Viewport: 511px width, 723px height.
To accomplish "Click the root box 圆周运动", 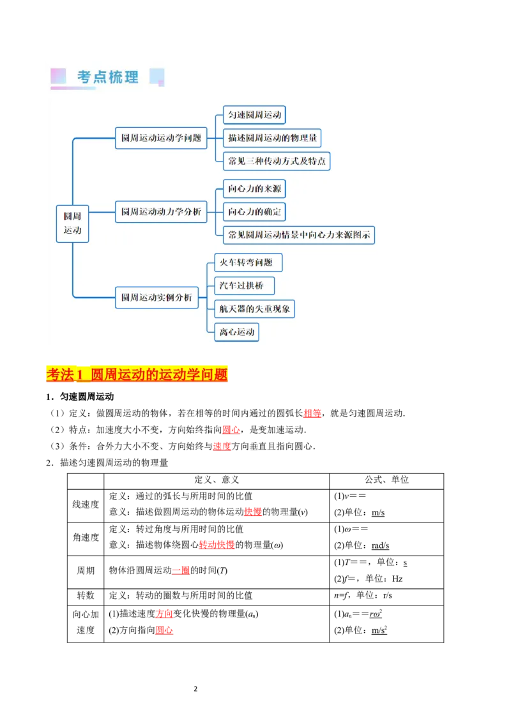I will [x=72, y=224].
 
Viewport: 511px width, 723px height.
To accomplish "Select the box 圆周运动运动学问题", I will [x=161, y=137].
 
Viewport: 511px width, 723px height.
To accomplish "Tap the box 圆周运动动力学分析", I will [x=161, y=211].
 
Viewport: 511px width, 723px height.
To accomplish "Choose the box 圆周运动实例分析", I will [x=156, y=297].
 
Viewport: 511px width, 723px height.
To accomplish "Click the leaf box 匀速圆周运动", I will [x=254, y=115].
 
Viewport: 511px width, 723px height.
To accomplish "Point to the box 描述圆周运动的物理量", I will [x=272, y=138].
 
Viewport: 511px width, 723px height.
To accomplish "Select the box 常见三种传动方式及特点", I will [x=277, y=161].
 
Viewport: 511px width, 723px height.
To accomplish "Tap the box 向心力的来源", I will [x=254, y=188].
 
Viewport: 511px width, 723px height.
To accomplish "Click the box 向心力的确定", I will [x=254, y=211].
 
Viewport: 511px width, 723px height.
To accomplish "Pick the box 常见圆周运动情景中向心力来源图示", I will [x=299, y=234].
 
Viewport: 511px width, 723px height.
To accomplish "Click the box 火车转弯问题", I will [x=248, y=262].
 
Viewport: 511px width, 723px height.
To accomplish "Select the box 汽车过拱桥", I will [x=244, y=285].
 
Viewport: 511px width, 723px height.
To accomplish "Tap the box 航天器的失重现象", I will [x=254, y=309].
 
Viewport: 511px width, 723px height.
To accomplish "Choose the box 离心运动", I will [x=236, y=332].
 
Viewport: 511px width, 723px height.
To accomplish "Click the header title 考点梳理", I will [x=108, y=77].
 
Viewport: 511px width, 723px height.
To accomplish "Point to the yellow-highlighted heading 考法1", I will [x=137, y=374].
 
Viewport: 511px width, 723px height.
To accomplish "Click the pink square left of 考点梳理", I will [x=58, y=76].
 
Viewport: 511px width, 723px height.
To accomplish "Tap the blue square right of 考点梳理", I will [x=156, y=77].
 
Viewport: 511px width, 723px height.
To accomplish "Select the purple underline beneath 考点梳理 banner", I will [x=73, y=89].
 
